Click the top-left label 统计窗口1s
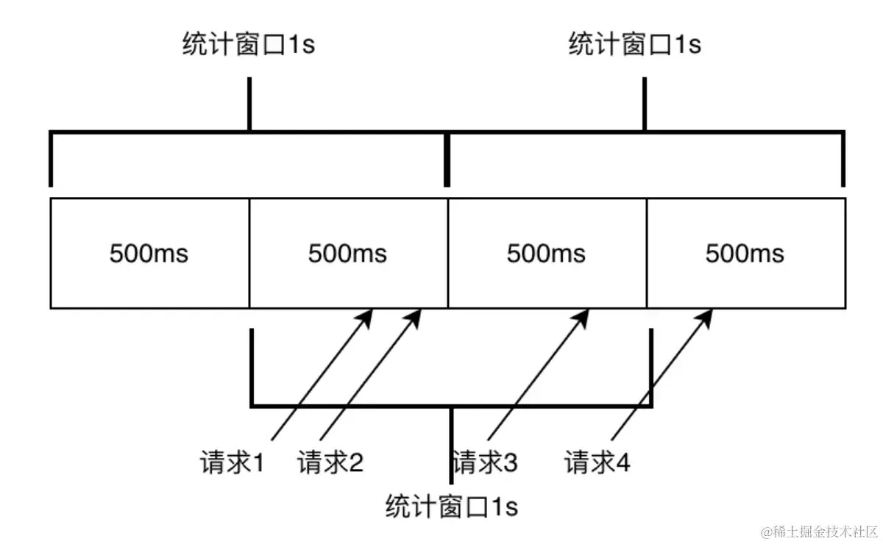pyautogui.click(x=249, y=45)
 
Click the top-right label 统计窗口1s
pyautogui.click(x=635, y=45)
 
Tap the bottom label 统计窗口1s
pyautogui.click(x=451, y=507)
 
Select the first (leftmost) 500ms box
pyautogui.click(x=149, y=253)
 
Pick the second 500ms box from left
pyautogui.click(x=348, y=253)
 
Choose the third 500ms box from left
pyautogui.click(x=547, y=253)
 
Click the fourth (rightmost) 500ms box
pyautogui.click(x=745, y=253)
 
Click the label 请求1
pyautogui.click(x=232, y=463)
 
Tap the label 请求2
pyautogui.click(x=330, y=463)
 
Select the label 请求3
pyautogui.click(x=486, y=463)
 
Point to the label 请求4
pyautogui.click(x=597, y=463)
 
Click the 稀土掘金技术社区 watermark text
pyautogui.click(x=820, y=531)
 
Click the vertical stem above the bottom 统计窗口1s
pyautogui.click(x=451, y=445)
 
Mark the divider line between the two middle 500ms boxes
pyautogui.click(x=448, y=253)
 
